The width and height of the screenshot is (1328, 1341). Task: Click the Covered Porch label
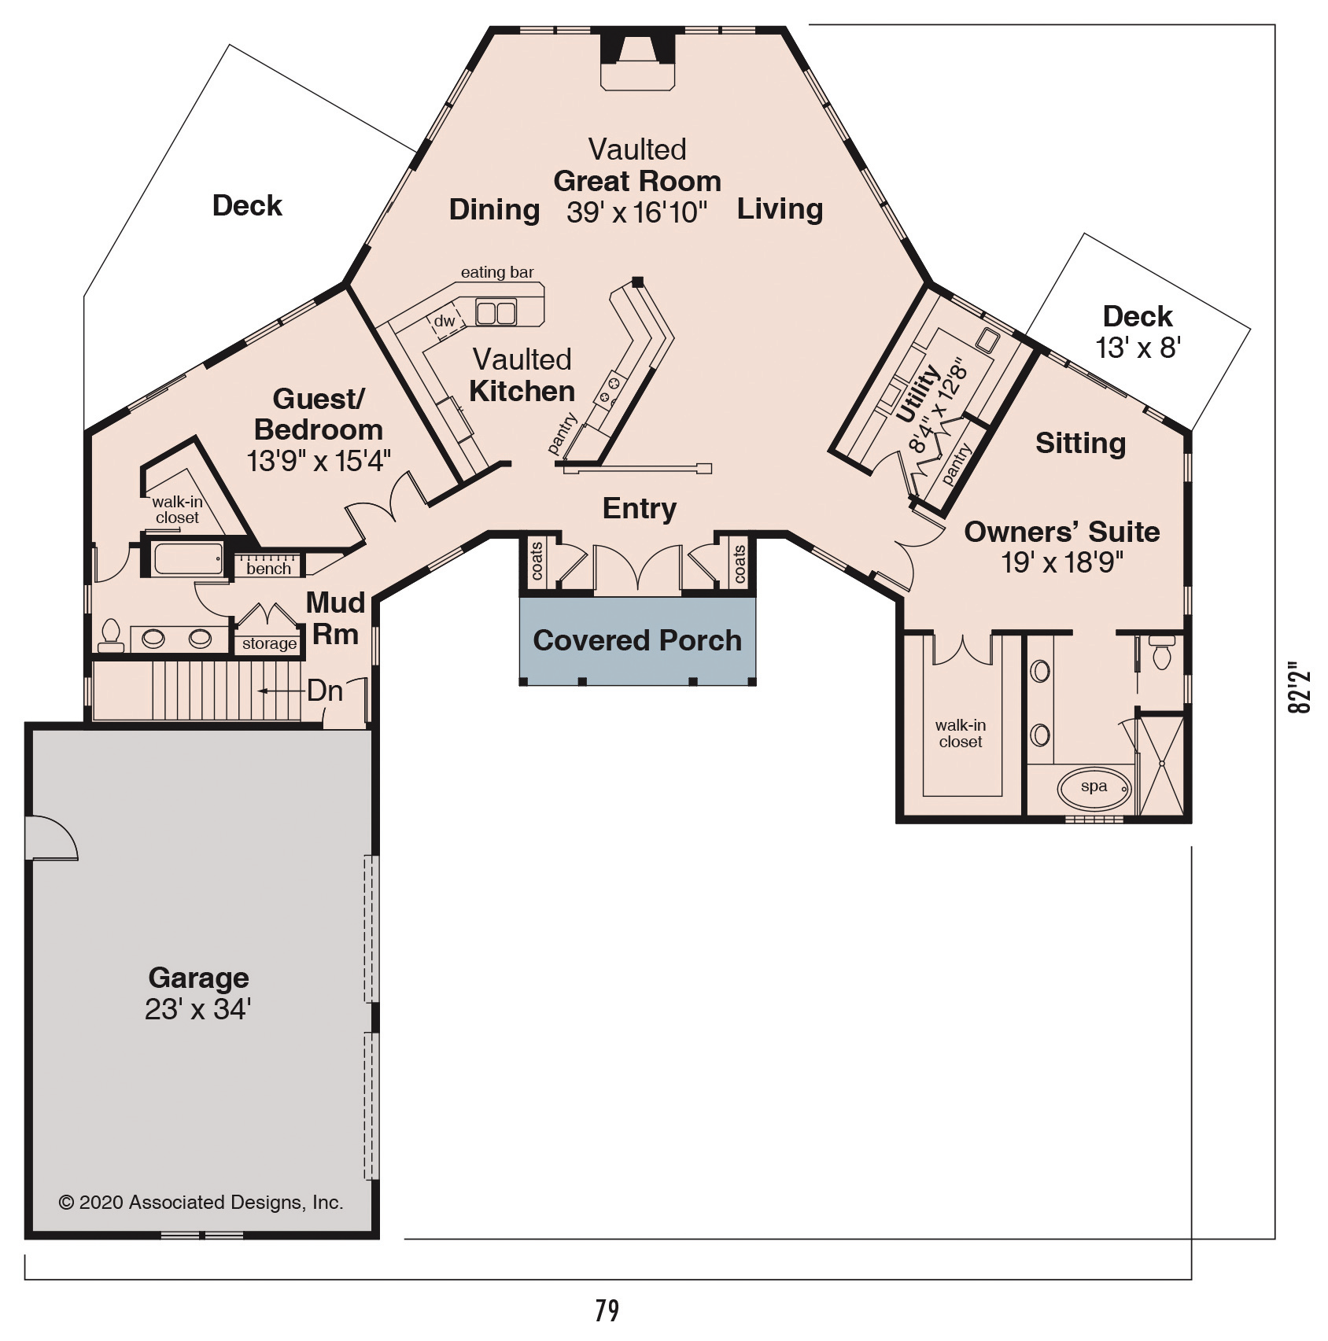click(637, 640)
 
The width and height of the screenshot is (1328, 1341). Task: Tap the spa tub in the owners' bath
click(1094, 787)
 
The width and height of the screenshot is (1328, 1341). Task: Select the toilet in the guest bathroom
click(111, 636)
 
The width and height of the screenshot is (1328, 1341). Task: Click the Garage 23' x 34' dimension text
click(197, 1009)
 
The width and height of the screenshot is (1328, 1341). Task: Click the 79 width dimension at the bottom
click(607, 1310)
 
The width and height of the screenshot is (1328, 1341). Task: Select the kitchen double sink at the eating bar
click(496, 313)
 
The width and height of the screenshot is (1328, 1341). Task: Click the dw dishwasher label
click(445, 321)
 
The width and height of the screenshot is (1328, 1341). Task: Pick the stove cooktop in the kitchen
click(611, 390)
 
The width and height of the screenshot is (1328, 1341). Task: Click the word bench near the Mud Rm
click(269, 569)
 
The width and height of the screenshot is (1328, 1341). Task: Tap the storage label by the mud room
click(269, 643)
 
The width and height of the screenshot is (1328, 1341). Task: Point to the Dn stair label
click(325, 691)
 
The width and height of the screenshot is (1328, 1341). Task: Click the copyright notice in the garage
click(201, 1203)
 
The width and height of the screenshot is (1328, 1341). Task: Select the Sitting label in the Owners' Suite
click(1080, 444)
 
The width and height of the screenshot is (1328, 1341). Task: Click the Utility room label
click(917, 393)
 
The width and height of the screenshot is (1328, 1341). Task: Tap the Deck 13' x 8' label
click(1138, 331)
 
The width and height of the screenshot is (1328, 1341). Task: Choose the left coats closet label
click(537, 562)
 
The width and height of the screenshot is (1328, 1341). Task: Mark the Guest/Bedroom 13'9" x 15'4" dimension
click(319, 461)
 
